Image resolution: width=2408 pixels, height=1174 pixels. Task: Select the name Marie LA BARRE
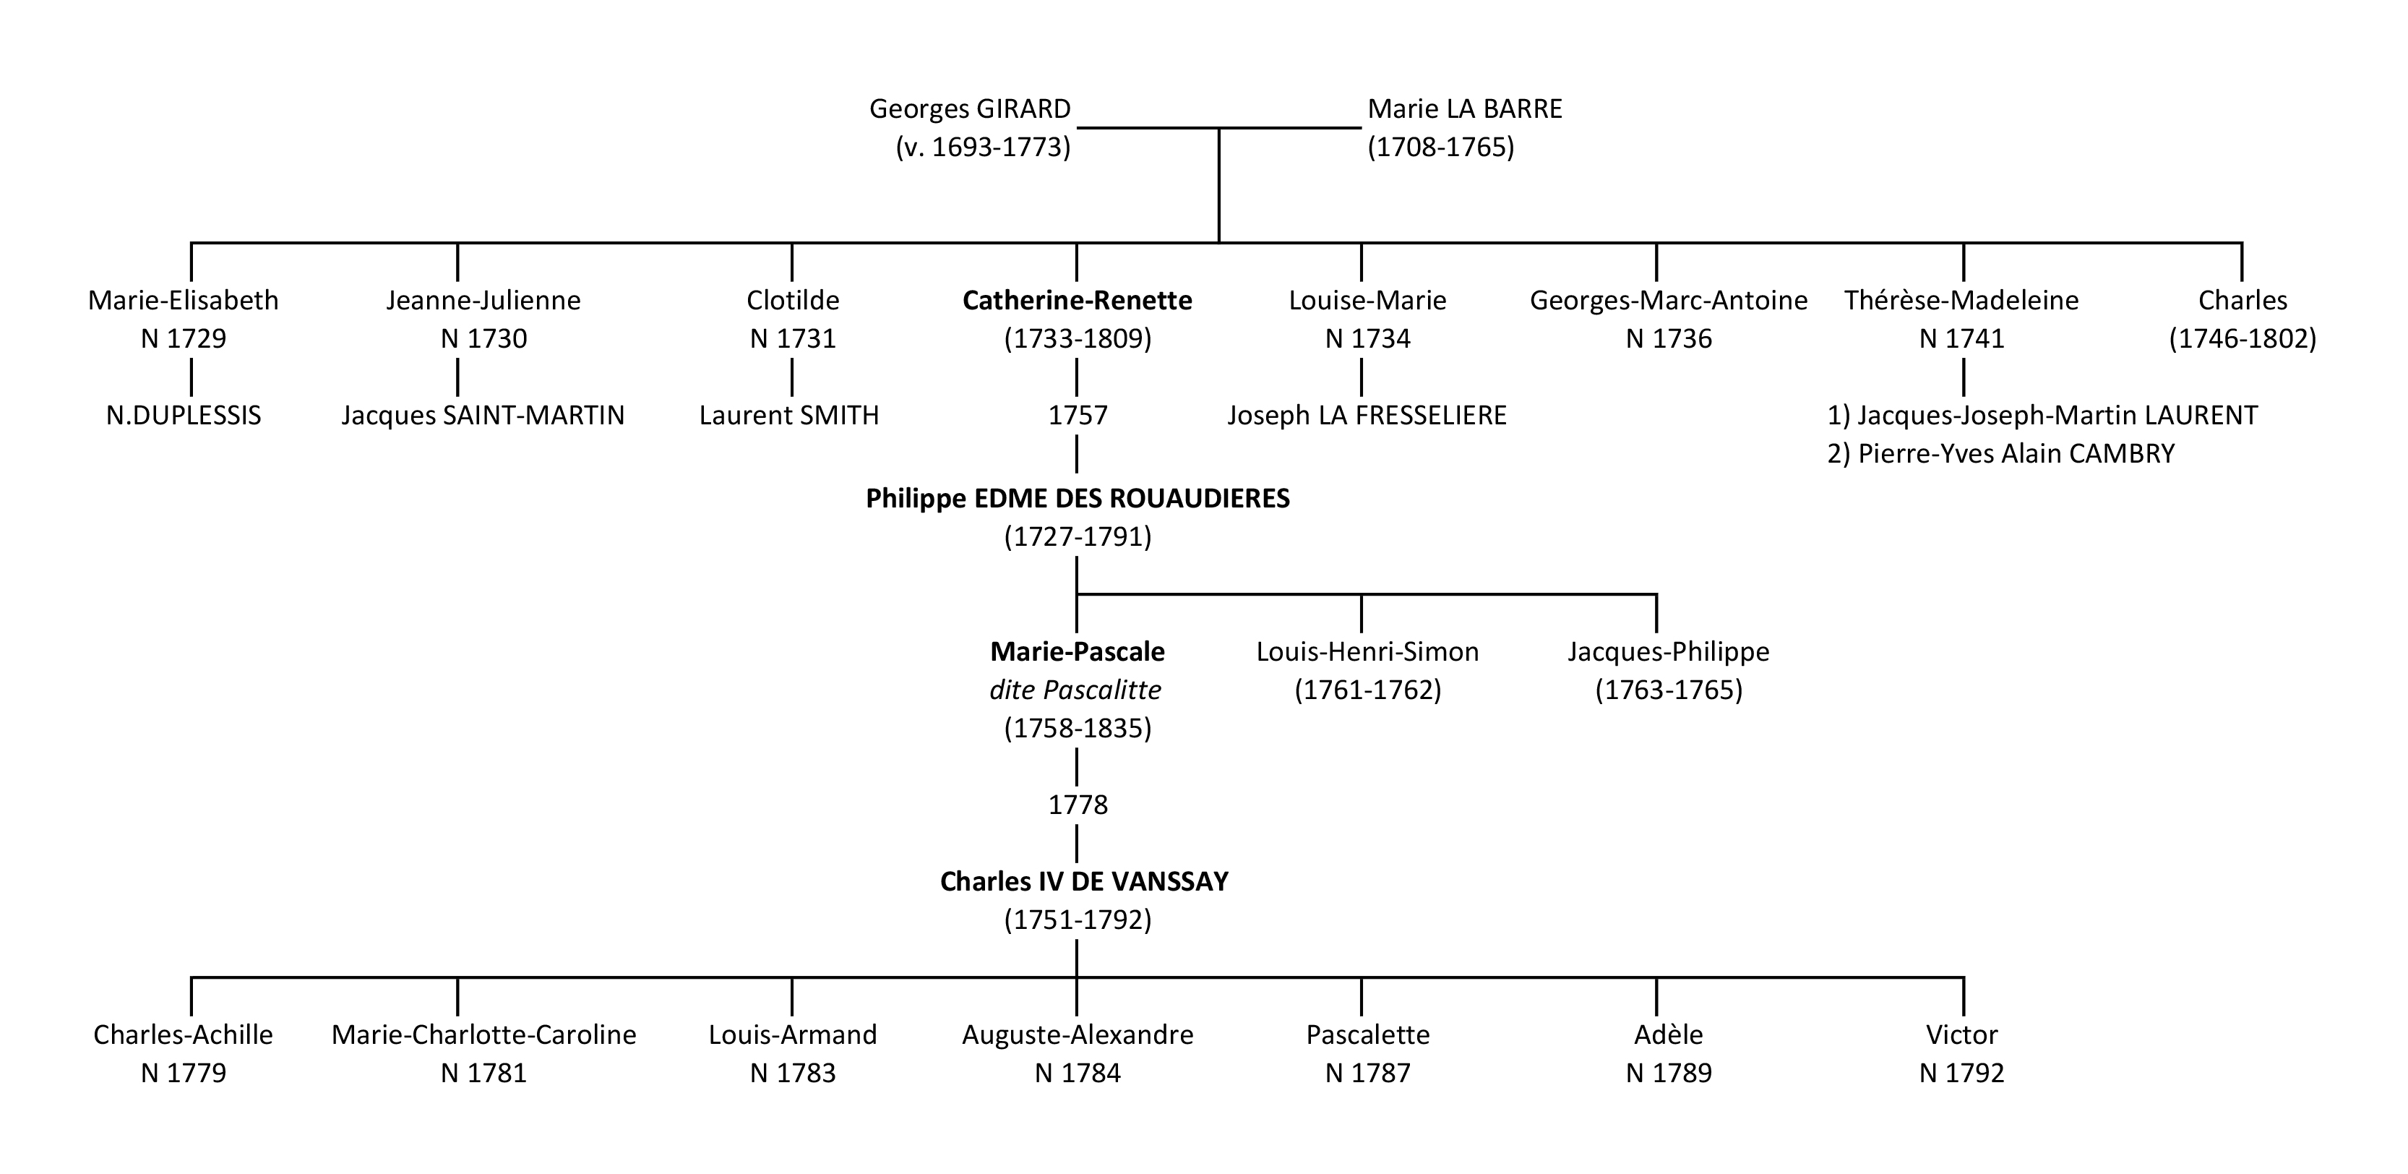point(1465,109)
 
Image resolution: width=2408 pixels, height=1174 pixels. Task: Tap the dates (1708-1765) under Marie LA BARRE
point(1440,147)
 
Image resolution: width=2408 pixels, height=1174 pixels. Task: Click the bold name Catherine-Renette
point(1077,301)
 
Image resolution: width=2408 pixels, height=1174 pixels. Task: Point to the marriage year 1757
point(1077,415)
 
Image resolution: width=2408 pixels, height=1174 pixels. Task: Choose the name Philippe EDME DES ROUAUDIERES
point(1077,499)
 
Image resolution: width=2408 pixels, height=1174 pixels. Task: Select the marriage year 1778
point(1077,805)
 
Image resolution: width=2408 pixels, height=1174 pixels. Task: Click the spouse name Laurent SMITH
point(789,415)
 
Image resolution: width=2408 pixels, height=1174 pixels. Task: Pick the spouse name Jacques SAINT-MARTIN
point(482,415)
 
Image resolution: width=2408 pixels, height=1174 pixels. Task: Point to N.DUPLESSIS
point(184,415)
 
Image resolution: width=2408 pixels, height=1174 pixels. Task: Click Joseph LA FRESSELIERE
point(1367,415)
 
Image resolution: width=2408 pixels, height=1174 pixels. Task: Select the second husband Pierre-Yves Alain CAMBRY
point(2000,454)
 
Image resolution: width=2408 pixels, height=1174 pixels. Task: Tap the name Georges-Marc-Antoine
point(1669,301)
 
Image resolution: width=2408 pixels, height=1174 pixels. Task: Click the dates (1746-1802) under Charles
point(2243,338)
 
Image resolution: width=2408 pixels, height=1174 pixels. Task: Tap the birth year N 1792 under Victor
point(1961,1073)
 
